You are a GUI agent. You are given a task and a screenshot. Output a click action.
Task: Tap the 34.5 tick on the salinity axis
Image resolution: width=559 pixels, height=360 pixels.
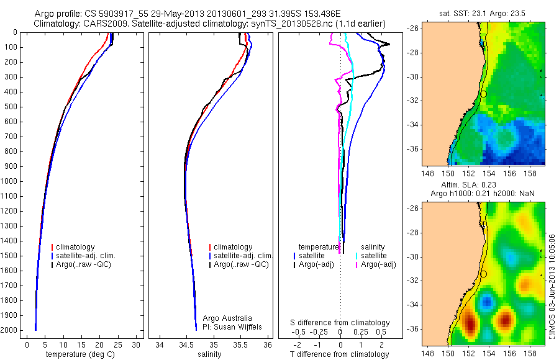point(186,344)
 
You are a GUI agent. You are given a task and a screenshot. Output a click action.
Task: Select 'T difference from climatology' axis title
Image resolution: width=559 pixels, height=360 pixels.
point(340,354)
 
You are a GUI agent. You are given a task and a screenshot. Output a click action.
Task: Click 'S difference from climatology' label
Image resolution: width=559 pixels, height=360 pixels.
point(340,323)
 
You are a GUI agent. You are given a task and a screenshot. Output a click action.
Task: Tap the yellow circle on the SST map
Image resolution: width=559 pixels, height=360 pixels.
point(483,94)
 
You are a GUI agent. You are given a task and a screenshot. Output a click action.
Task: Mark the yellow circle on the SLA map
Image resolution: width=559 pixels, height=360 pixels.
point(483,274)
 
